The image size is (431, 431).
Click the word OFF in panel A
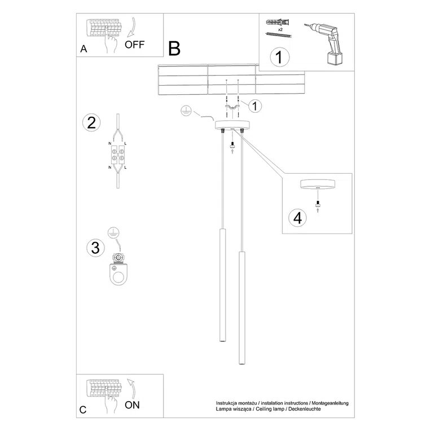[135, 46]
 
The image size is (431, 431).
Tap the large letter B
[174, 49]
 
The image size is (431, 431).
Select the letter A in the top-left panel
[83, 49]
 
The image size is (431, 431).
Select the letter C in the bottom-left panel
[83, 410]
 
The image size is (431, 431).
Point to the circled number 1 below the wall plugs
[279, 57]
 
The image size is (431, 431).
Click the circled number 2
[91, 123]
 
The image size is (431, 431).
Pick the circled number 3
[95, 247]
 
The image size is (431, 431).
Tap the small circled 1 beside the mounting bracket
[254, 105]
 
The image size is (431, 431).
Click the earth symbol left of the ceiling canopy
[185, 111]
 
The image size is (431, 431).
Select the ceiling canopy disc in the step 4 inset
[318, 185]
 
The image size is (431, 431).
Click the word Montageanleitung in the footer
[329, 403]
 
